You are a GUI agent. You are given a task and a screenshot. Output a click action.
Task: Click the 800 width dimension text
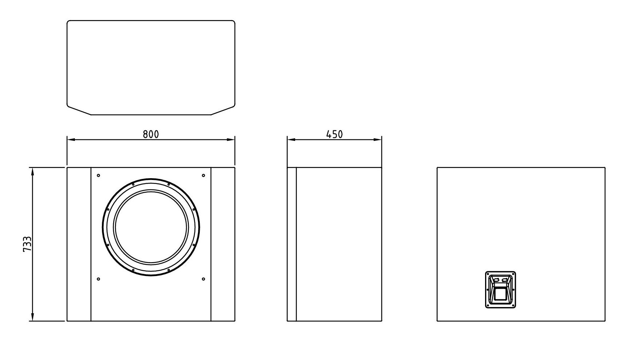[150, 134]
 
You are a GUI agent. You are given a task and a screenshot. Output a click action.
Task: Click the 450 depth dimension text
[334, 134]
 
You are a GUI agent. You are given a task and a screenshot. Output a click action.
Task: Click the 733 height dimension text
[27, 244]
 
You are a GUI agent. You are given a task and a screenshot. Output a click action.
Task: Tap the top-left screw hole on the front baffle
[98, 176]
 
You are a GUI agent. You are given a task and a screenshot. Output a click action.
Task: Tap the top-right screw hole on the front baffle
[203, 176]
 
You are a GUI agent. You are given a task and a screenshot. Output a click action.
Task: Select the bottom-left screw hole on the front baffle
[98, 279]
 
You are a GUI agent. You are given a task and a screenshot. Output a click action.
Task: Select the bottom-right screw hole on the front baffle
[203, 279]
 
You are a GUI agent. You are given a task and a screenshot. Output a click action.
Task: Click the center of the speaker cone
[151, 227]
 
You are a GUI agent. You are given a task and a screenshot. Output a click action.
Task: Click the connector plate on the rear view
[500, 290]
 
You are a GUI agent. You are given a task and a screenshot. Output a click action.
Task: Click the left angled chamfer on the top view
[79, 111]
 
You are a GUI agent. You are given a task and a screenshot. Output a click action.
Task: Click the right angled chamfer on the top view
[223, 111]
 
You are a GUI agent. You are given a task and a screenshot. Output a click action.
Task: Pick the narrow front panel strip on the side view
[291, 244]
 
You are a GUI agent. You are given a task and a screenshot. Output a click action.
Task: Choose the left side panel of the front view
[79, 244]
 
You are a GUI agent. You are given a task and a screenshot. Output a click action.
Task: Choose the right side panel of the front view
[223, 244]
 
